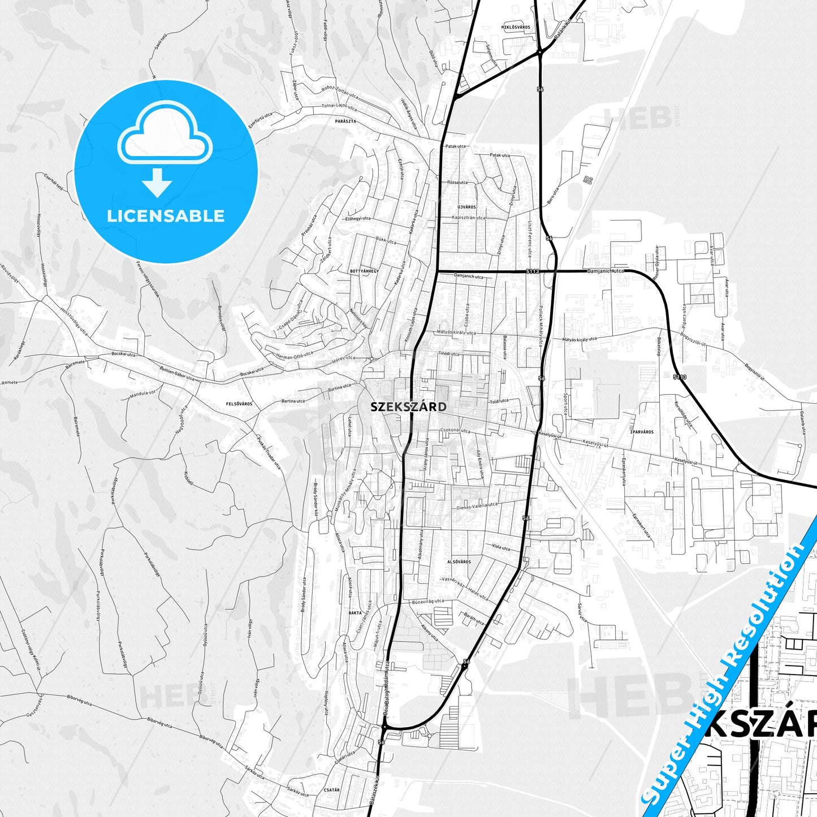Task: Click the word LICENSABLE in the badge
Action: (166, 215)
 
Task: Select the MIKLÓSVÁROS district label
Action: (516, 27)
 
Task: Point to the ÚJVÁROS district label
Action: (466, 207)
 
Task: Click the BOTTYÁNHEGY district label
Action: (364, 271)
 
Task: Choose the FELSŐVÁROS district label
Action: (239, 404)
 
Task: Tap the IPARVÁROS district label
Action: (642, 432)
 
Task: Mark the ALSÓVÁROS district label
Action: (459, 562)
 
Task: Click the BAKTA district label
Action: (355, 613)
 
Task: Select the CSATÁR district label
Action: (332, 790)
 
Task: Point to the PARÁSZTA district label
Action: (345, 121)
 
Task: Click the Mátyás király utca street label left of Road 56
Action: (456, 333)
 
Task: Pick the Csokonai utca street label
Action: (455, 431)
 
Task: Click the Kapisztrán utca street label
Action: (469, 218)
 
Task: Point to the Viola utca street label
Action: (500, 547)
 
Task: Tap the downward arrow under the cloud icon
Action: (157, 182)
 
